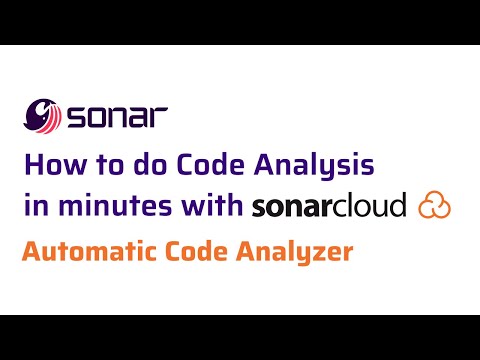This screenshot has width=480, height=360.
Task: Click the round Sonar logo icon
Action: (43, 116)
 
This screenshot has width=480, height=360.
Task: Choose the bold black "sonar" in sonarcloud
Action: (293, 206)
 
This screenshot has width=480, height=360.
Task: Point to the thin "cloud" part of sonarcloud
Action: (371, 205)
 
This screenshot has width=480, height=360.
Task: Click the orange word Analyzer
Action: (297, 253)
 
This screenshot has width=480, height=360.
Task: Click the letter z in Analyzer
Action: (317, 254)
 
